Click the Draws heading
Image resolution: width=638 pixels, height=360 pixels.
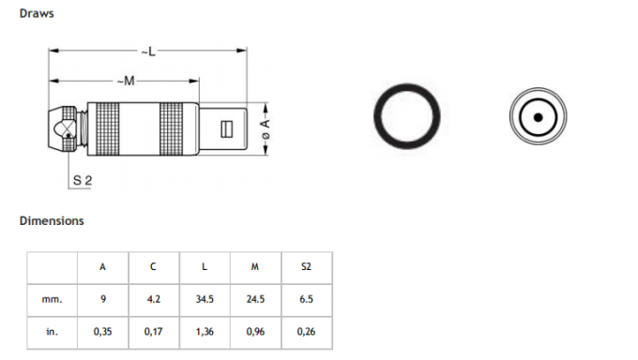pyautogui.click(x=35, y=13)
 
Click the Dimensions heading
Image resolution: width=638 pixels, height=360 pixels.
pyautogui.click(x=52, y=221)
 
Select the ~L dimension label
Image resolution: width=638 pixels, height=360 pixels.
pyautogui.click(x=148, y=50)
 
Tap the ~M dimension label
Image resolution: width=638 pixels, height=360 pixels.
pyautogui.click(x=128, y=82)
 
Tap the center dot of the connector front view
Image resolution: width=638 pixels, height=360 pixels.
pyautogui.click(x=538, y=118)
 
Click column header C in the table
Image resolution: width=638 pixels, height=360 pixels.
pyautogui.click(x=153, y=266)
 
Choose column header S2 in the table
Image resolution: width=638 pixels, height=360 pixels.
pyautogui.click(x=306, y=266)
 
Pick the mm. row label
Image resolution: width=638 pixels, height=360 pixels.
pyautogui.click(x=52, y=299)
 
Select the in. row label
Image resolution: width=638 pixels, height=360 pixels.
pyautogui.click(x=52, y=331)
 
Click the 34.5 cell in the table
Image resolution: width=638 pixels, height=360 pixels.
pyautogui.click(x=205, y=299)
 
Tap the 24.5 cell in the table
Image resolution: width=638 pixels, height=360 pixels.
pyautogui.click(x=255, y=299)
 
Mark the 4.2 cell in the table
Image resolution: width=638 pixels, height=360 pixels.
pyautogui.click(x=153, y=299)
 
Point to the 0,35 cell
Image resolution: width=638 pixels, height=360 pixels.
pyautogui.click(x=102, y=331)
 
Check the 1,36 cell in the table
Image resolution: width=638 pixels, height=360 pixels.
pyautogui.click(x=205, y=331)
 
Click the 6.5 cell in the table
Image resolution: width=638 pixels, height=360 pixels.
pyautogui.click(x=306, y=299)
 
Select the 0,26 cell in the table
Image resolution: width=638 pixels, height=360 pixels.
pyautogui.click(x=306, y=331)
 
